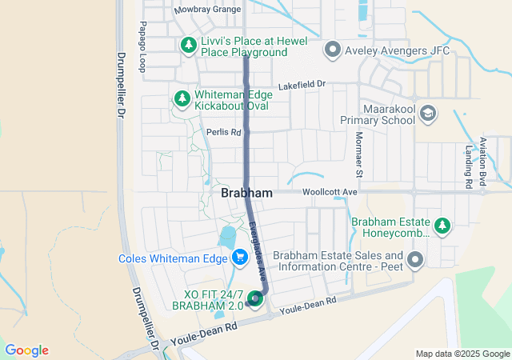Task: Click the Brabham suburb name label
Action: point(246,194)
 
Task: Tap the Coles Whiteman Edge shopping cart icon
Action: point(238,258)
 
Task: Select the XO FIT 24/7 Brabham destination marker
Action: point(255,299)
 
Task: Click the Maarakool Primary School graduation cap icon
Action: point(428,113)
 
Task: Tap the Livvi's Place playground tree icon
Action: point(188,45)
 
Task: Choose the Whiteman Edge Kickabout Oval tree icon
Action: point(182,99)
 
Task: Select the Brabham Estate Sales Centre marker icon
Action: point(415,259)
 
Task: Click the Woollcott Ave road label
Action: point(330,193)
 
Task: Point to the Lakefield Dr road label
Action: point(302,84)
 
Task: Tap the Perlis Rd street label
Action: point(223,132)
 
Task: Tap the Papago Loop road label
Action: point(143,47)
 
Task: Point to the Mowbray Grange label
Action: point(207,10)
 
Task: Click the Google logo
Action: point(26,350)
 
